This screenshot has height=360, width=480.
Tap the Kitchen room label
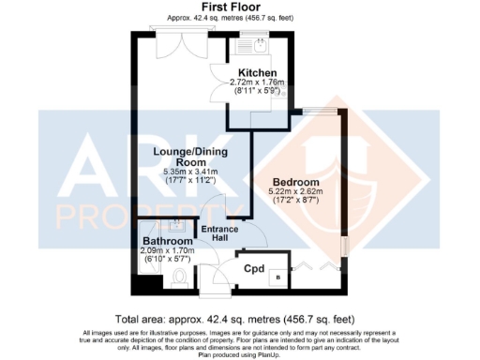click(257, 72)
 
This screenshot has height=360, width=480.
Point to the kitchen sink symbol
click(254, 42)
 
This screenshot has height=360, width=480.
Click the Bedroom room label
click(296, 182)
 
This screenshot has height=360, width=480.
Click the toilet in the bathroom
click(180, 276)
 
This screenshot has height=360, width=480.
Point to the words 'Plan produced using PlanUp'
click(239, 355)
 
